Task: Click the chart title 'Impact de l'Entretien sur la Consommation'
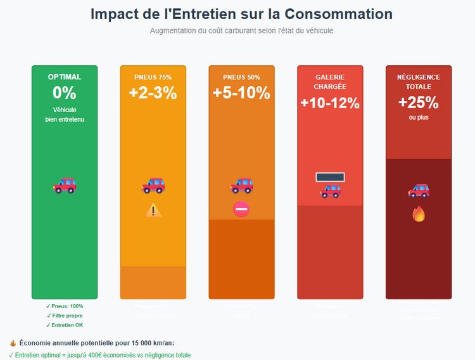[241, 14]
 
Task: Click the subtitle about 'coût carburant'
[241, 30]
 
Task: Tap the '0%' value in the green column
[65, 93]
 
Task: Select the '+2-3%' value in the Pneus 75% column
[153, 93]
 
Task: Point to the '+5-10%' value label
[241, 93]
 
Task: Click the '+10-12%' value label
[330, 103]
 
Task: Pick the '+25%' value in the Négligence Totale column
[419, 103]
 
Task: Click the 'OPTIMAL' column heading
[65, 77]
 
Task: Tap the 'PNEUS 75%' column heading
[153, 77]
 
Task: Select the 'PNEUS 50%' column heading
[241, 77]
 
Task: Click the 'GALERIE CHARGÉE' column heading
[330, 82]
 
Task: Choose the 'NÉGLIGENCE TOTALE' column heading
[419, 82]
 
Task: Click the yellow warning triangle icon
[153, 210]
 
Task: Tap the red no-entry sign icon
[241, 209]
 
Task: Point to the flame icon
[419, 214]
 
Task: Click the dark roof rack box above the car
[330, 177]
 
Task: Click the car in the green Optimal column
[65, 185]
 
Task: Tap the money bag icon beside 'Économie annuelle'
[13, 343]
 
